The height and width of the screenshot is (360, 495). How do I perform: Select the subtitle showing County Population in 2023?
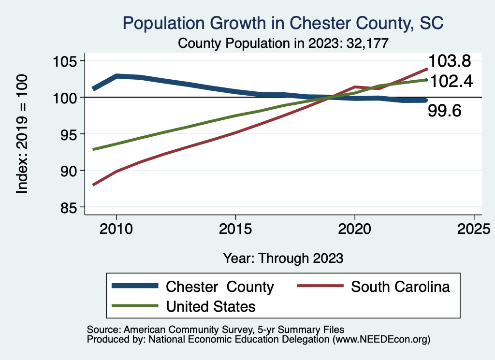tap(283, 43)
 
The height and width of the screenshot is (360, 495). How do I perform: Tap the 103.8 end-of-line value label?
tap(450, 61)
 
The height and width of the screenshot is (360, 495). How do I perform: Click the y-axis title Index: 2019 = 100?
tap(22, 134)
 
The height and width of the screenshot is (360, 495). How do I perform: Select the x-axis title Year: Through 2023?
tap(283, 258)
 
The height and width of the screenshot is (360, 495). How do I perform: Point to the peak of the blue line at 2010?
tap(116, 76)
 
